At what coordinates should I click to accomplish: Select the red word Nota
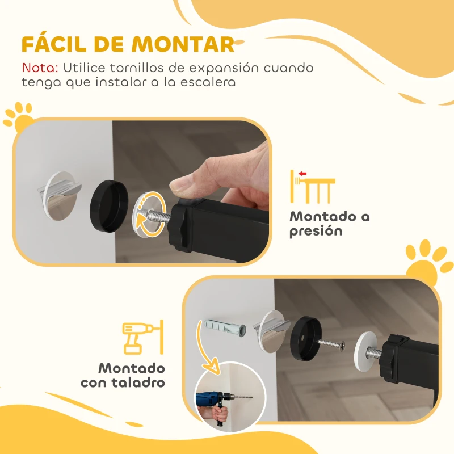[39, 68]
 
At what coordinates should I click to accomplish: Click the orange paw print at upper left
[18, 115]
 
